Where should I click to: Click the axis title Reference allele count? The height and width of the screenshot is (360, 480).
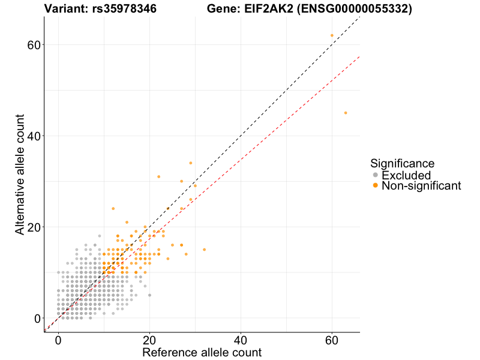tap(202, 352)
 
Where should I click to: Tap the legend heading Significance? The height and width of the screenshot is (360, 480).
tap(402, 163)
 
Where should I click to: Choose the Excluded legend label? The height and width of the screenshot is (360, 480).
tap(406, 175)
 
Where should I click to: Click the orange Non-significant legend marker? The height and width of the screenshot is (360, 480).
tap(376, 186)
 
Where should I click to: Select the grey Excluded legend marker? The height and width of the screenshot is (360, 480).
tap(376, 175)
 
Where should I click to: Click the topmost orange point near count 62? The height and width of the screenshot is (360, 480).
tap(332, 35)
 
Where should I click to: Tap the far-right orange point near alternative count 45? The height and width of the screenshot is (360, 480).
tap(346, 113)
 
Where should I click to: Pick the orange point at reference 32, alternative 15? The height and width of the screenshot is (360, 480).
tap(204, 250)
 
